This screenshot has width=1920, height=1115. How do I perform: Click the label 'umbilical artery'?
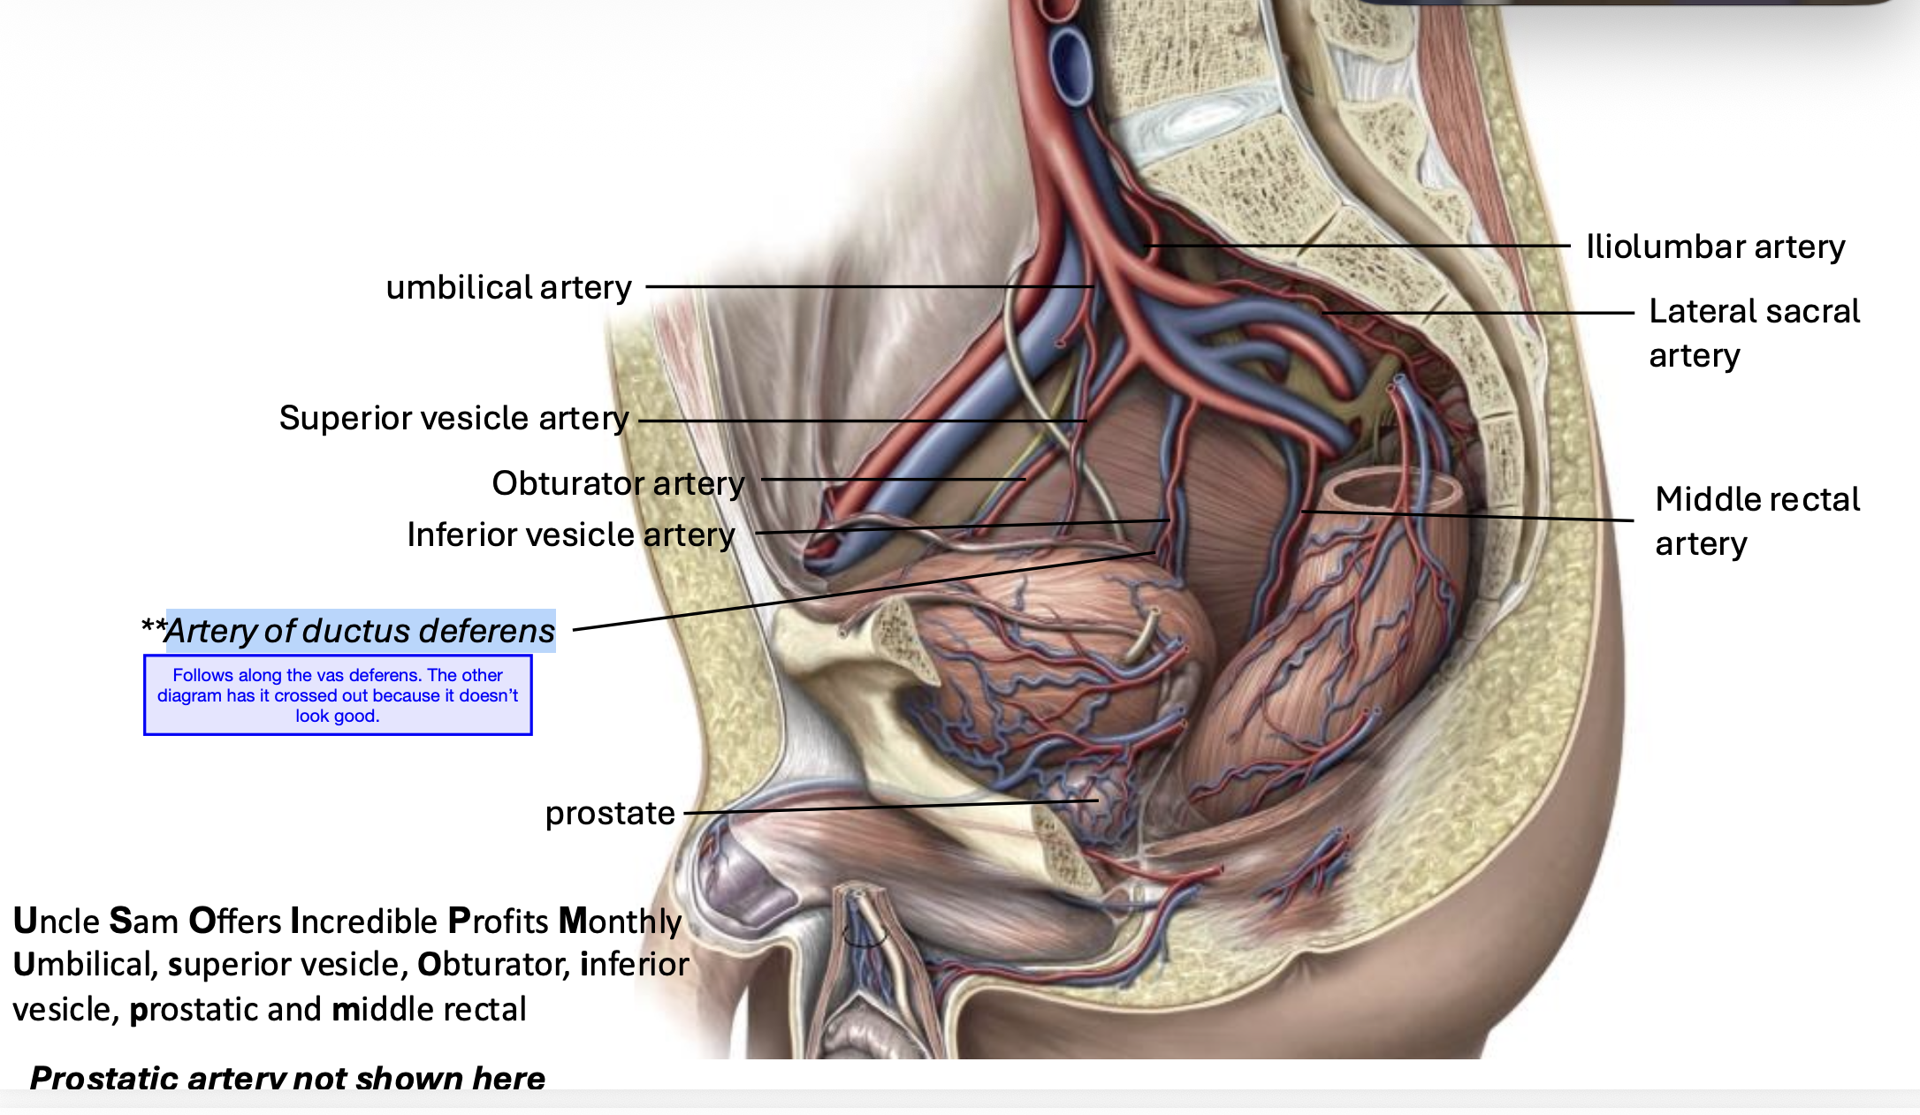point(508,287)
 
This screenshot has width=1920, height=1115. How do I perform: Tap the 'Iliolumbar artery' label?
point(1715,247)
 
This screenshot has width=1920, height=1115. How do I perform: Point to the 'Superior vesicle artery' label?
point(453,418)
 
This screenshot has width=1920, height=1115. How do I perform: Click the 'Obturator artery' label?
point(618,483)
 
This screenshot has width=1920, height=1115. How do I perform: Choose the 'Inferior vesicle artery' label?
point(570,535)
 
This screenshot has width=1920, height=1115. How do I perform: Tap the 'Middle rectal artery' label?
point(1756,521)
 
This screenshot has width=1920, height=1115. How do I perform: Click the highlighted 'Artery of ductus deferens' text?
point(360,631)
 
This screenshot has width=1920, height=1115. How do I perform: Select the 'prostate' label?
point(610,813)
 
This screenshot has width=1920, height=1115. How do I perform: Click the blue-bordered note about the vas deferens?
point(338,695)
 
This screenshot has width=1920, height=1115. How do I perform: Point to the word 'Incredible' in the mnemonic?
point(363,921)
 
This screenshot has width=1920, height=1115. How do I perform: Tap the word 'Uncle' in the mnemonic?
point(57,921)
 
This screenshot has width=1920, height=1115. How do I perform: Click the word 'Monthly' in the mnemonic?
point(620,921)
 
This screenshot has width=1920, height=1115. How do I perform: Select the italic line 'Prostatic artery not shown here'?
point(287,1078)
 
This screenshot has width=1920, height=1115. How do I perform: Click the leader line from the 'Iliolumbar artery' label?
point(1361,246)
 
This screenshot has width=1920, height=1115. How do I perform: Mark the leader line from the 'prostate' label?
point(884,808)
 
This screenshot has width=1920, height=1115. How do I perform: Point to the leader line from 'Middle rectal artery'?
point(1467,516)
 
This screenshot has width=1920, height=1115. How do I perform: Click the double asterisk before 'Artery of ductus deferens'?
point(153,627)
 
